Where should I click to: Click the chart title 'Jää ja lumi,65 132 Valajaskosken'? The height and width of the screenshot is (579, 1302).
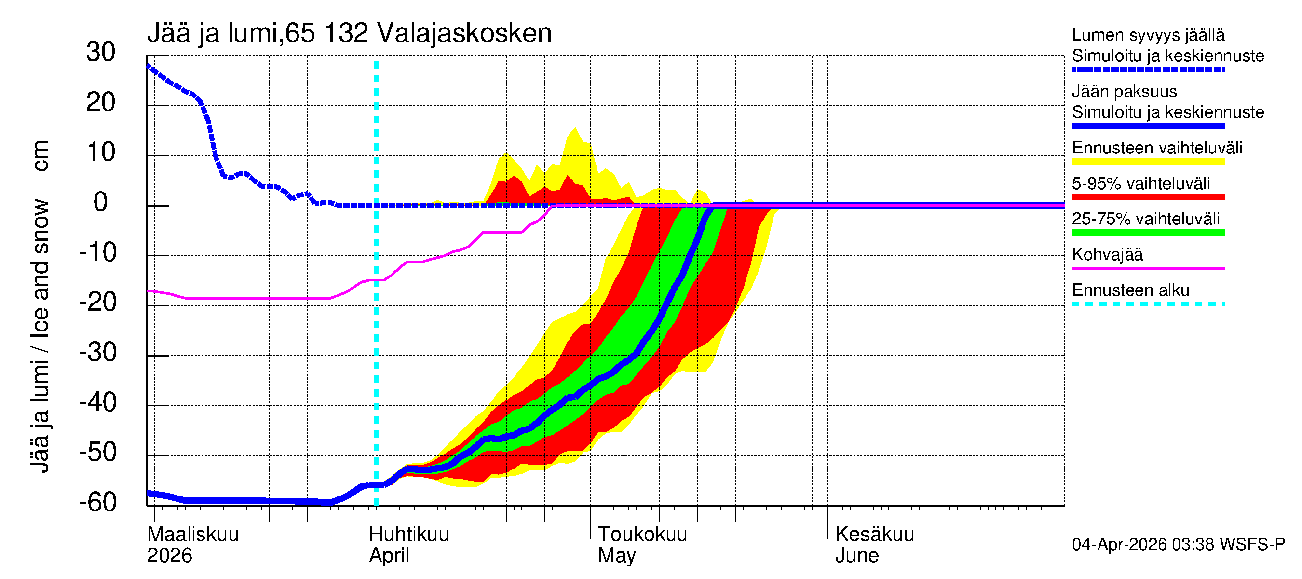tap(349, 33)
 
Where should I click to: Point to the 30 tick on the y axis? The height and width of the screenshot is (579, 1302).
tap(101, 52)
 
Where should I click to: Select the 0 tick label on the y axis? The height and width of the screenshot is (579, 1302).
tap(101, 202)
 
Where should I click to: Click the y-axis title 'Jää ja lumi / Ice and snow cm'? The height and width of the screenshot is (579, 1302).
tap(40, 306)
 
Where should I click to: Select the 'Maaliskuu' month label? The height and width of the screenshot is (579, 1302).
tap(192, 534)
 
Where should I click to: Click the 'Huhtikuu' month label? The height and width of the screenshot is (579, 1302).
tap(408, 534)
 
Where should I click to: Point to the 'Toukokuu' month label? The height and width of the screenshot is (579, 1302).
tap(642, 534)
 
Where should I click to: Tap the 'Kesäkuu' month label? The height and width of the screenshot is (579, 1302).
tap(874, 534)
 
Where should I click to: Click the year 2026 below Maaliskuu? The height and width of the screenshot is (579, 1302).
tap(169, 555)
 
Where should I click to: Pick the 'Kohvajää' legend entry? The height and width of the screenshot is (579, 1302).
tap(1107, 254)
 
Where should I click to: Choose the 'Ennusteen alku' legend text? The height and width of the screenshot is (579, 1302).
tap(1130, 290)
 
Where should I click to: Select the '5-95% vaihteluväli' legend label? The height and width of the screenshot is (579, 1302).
tap(1141, 183)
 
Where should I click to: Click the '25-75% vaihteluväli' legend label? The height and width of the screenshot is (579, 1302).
tap(1145, 219)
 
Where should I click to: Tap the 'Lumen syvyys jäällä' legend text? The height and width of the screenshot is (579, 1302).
tap(1148, 35)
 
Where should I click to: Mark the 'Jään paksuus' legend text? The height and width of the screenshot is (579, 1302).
tap(1124, 92)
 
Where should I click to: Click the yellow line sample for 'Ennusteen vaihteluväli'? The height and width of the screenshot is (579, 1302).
tap(1148, 162)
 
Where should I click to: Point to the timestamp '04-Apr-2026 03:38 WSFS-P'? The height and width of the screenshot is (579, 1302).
tap(1178, 545)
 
